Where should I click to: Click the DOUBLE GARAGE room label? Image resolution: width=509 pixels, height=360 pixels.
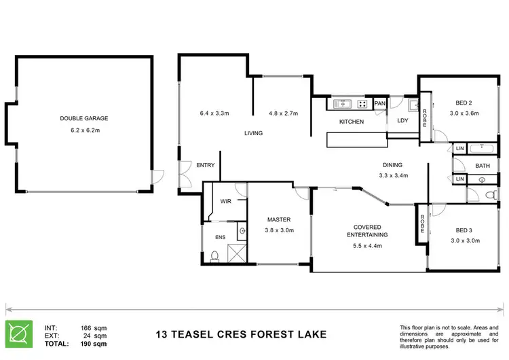(x=83, y=118)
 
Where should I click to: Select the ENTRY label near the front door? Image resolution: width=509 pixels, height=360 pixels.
(x=206, y=165)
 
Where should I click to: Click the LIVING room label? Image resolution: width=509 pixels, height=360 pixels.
(x=253, y=133)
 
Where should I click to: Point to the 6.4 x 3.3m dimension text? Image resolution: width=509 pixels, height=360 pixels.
(x=216, y=113)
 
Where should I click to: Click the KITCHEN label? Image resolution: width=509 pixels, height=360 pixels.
(x=352, y=122)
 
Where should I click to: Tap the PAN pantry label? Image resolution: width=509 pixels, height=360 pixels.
(x=380, y=103)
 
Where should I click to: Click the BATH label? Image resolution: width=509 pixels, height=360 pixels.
(x=483, y=165)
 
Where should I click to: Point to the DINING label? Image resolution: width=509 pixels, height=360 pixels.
(x=392, y=164)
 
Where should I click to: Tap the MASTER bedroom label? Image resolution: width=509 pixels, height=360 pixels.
(x=279, y=219)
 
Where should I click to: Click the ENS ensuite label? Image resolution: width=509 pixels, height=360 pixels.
(x=221, y=237)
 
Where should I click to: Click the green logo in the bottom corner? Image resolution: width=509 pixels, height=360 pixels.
(x=19, y=334)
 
